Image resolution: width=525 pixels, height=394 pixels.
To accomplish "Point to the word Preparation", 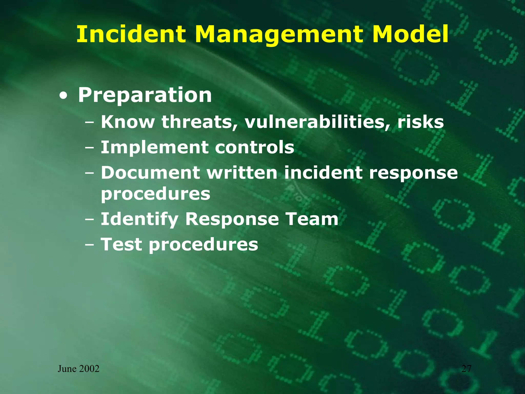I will tap(145, 95).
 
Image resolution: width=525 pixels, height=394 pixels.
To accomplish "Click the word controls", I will tap(255, 147).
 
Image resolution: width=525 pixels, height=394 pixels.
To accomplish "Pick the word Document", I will tap(150, 172).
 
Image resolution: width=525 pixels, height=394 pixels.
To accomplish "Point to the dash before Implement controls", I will tap(89, 148).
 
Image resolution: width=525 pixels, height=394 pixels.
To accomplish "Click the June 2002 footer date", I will tap(78, 369).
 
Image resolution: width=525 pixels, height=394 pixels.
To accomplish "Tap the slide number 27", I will tap(466, 369).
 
